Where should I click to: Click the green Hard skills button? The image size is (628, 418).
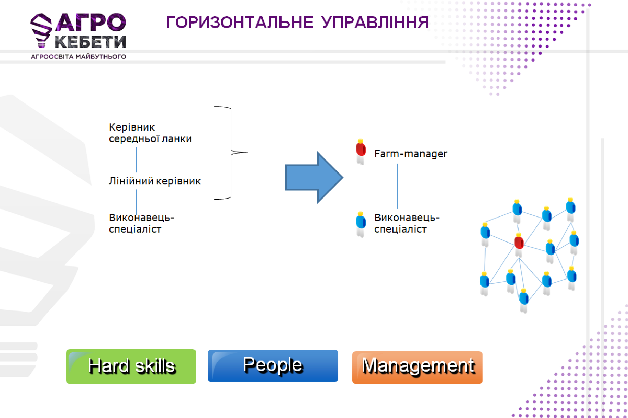point(131,366)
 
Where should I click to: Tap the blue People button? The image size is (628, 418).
point(273,366)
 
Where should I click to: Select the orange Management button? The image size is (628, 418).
point(417,367)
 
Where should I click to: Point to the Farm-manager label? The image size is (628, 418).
point(411,154)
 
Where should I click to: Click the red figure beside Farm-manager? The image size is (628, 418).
point(360,152)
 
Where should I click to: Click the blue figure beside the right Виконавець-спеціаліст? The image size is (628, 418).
point(360,225)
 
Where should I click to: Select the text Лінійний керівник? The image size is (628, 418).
point(155,181)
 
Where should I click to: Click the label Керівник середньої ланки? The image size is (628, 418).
point(150,133)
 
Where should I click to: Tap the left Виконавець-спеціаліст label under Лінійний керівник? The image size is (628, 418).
point(141,223)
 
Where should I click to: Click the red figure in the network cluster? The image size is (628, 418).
point(519,245)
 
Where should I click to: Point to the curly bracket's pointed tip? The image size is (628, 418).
point(247,153)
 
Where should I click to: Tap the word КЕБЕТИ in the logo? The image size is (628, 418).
point(90,42)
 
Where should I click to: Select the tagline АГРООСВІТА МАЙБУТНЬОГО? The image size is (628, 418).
point(78,56)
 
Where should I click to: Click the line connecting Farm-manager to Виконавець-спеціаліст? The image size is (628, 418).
point(397,186)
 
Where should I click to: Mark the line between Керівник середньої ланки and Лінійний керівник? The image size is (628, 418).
point(136,160)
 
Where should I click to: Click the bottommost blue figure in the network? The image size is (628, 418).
point(524,301)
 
